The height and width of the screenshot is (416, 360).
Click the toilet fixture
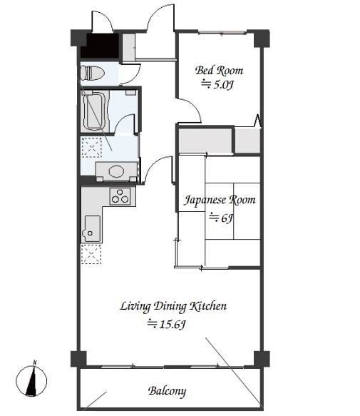[x=92, y=73]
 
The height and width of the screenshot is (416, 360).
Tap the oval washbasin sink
[x=116, y=171]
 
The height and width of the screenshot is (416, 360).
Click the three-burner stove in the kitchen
[x=120, y=196]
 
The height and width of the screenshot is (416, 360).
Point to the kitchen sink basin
[x=92, y=229]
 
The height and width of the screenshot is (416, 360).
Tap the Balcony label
[x=167, y=391]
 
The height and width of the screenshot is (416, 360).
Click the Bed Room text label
[x=219, y=71]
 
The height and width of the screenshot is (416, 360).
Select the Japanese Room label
[x=220, y=200]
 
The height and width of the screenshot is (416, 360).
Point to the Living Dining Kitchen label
[x=173, y=306]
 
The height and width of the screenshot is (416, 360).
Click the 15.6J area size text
[x=166, y=324]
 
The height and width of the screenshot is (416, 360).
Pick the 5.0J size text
[x=217, y=85]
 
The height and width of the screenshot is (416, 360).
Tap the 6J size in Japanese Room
[x=221, y=218]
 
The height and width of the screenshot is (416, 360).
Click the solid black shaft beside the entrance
[x=99, y=46]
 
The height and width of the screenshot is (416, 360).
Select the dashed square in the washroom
[x=91, y=147]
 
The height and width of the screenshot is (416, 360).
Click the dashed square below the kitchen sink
[x=91, y=254]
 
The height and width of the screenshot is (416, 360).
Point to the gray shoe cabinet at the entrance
[x=128, y=47]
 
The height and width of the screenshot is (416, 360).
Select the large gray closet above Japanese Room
[x=205, y=141]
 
